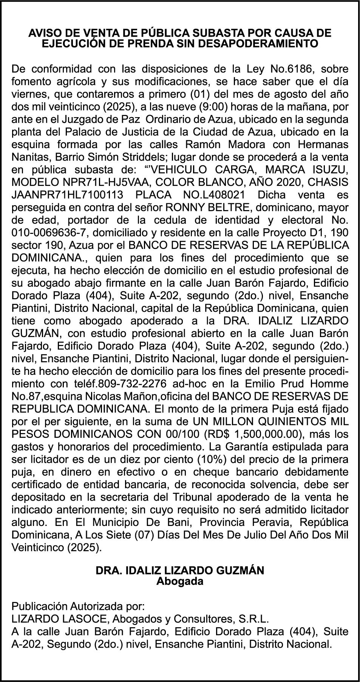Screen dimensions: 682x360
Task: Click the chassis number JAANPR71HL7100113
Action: (68, 195)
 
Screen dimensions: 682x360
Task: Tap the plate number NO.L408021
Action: (207, 195)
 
